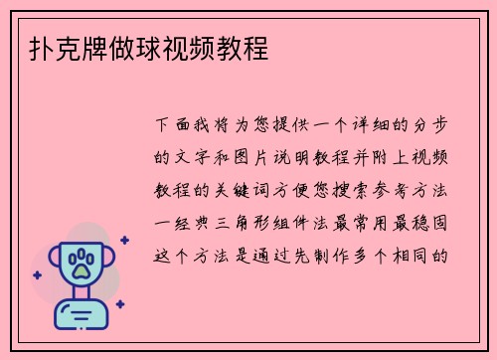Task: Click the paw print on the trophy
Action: tap(83, 264)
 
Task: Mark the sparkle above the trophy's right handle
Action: tap(124, 240)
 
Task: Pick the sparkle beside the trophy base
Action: tap(119, 303)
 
